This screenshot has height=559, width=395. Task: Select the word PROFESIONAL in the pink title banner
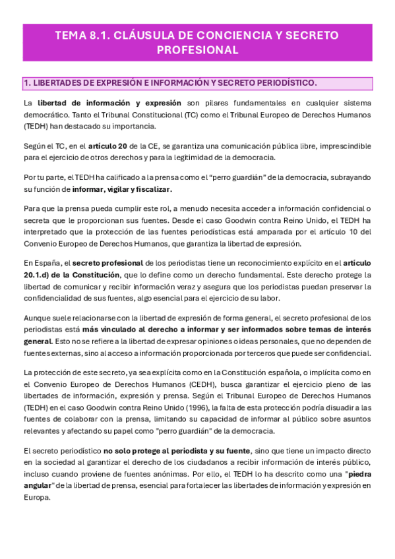(x=197, y=50)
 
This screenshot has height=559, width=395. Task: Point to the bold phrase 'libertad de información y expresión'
(x=109, y=103)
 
